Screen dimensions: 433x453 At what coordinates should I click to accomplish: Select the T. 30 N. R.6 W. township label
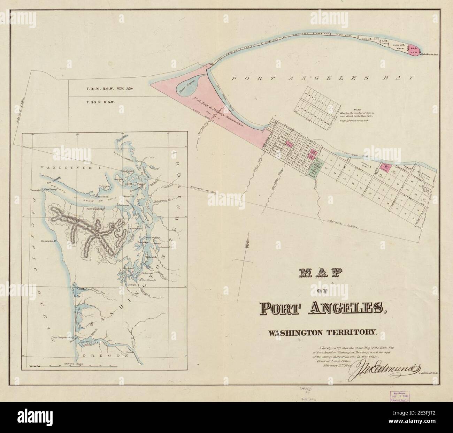point(101,102)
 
